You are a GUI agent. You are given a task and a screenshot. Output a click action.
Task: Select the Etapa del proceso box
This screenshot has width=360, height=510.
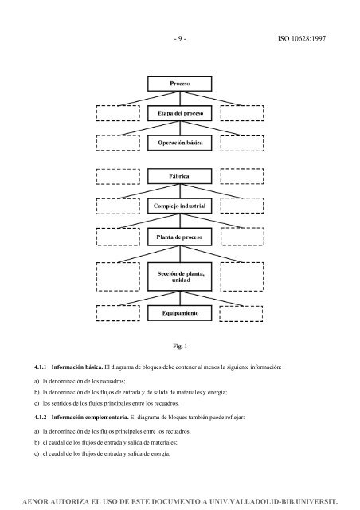pos(179,115)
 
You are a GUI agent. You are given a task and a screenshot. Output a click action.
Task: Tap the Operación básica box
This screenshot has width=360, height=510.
pos(179,143)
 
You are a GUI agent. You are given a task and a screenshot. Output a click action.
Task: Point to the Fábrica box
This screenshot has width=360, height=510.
pos(179,175)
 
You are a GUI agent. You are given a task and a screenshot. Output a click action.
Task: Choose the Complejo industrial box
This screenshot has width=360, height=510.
pos(179,206)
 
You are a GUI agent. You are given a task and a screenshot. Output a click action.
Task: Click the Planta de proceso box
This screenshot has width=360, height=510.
pos(179,237)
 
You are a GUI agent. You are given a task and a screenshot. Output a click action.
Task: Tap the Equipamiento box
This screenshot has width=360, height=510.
pos(179,314)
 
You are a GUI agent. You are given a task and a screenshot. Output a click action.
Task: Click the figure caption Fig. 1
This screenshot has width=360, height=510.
pos(178,347)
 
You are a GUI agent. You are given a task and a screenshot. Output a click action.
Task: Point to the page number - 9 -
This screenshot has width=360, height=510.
pos(180,35)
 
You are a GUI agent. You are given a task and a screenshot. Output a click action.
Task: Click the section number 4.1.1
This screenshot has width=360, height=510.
pos(34,367)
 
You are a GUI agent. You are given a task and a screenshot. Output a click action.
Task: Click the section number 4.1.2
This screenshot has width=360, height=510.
pos(34,418)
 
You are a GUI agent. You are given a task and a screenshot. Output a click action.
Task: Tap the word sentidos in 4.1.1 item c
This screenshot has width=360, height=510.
pos(63,403)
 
